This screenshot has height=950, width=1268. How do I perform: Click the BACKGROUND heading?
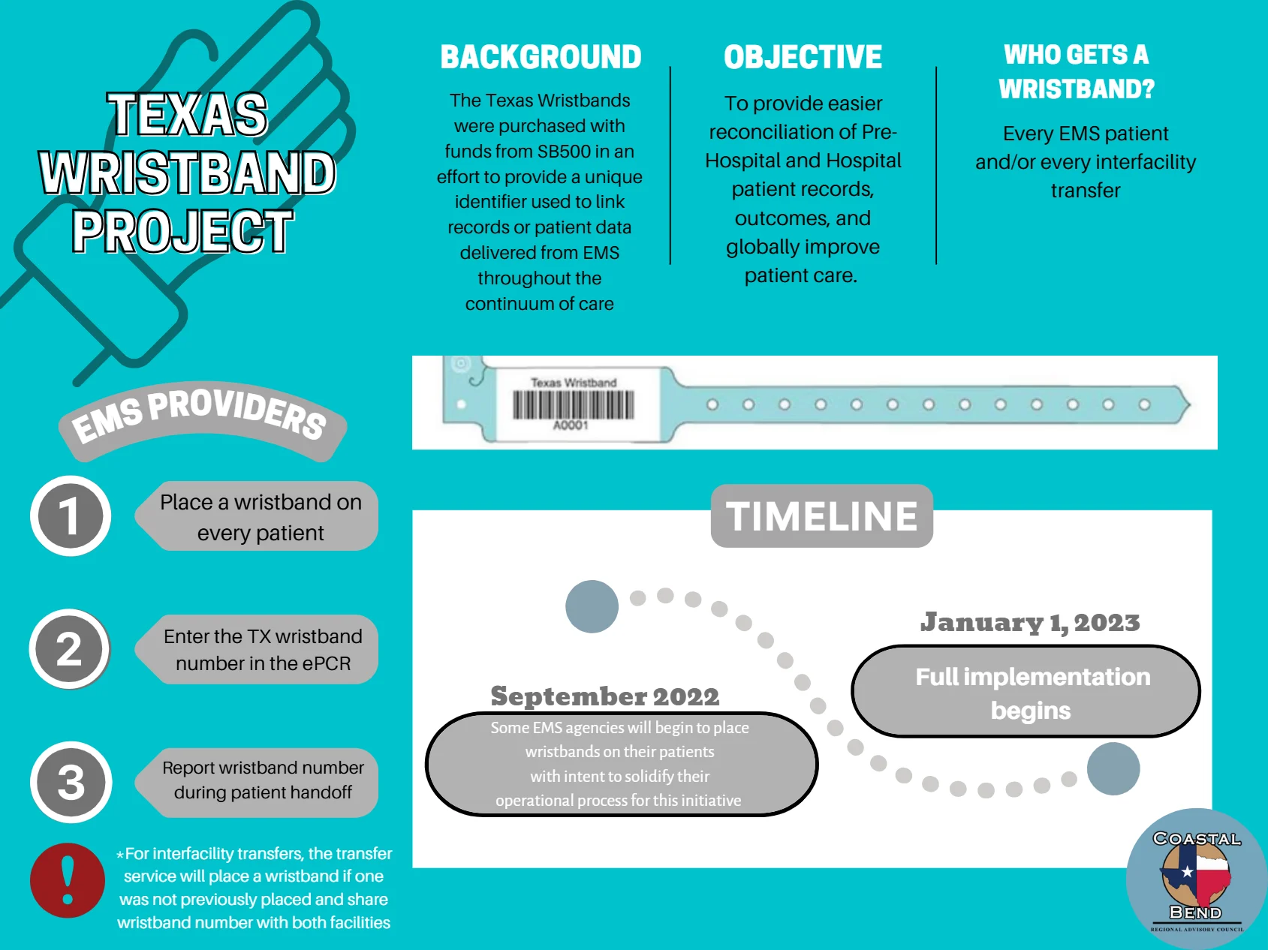coord(541,57)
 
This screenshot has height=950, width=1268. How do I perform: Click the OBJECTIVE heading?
coord(803,57)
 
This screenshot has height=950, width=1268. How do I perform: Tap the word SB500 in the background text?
coord(564,152)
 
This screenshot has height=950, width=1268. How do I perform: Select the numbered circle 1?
coord(71,516)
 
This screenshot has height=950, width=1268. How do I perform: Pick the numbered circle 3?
coord(71,782)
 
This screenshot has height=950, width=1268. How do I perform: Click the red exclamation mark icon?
coord(68,880)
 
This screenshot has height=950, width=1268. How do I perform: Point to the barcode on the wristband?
coord(574,405)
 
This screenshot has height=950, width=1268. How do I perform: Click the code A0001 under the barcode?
coord(571,425)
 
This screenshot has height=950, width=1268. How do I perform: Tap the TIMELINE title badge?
coord(822,516)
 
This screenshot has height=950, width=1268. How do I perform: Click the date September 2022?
coord(604,696)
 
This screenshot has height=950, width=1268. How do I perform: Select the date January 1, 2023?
coord(1030,622)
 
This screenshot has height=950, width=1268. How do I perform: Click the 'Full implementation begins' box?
coord(1026,691)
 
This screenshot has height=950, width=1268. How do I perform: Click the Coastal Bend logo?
coord(1197,879)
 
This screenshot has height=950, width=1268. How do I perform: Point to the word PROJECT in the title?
coord(182,231)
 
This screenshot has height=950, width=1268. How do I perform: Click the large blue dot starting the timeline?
coord(592,606)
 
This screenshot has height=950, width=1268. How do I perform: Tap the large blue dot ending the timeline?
coord(1113,768)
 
